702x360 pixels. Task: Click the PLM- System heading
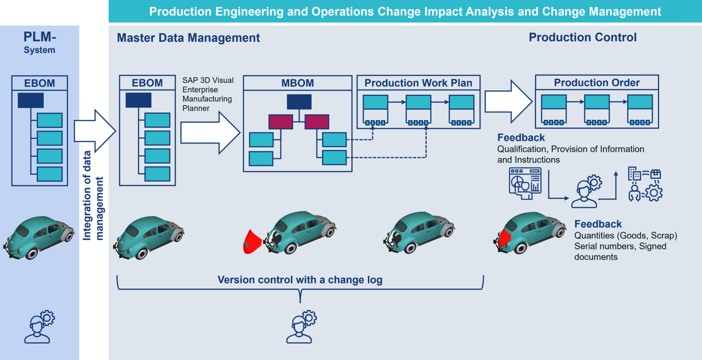click(40, 42)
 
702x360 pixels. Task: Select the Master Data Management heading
click(188, 38)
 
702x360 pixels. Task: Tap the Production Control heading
click(583, 37)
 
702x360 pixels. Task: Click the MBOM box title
click(298, 83)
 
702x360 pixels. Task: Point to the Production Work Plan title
click(418, 83)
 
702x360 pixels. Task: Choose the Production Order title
click(597, 83)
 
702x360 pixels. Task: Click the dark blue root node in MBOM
click(299, 102)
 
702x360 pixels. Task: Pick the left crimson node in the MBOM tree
click(281, 122)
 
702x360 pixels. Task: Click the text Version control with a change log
click(300, 280)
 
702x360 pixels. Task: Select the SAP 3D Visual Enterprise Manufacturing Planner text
click(208, 94)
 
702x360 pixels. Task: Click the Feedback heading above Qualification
click(521, 138)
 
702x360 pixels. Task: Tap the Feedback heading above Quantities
click(598, 224)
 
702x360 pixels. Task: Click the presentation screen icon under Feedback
click(525, 184)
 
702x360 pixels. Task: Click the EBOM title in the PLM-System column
click(40, 83)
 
